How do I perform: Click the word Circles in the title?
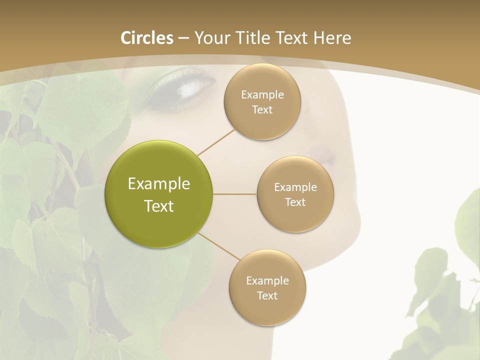tap(146, 38)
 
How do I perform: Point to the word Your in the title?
tap(211, 38)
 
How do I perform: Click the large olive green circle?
tap(158, 194)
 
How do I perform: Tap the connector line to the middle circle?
tap(234, 194)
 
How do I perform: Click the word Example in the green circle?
tap(158, 184)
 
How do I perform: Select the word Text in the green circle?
tap(158, 206)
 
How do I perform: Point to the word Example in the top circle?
tap(262, 95)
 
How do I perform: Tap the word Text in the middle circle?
tap(295, 202)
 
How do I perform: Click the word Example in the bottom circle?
tap(267, 281)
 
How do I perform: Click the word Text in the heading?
tap(292, 38)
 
